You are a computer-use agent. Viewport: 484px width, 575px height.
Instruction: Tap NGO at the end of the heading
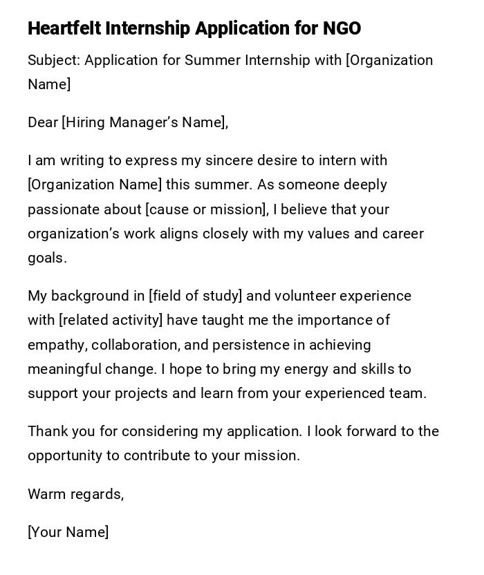click(x=342, y=28)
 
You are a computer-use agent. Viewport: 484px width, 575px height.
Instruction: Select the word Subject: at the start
click(x=54, y=60)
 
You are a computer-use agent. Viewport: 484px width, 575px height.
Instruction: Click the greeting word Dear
click(x=43, y=122)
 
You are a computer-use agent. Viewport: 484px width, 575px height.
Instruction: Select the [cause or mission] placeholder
click(x=206, y=209)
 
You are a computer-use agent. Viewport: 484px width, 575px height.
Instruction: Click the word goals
click(x=47, y=258)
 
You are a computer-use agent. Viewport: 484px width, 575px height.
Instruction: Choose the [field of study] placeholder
click(x=195, y=296)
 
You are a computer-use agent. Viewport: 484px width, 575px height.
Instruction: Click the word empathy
click(x=57, y=345)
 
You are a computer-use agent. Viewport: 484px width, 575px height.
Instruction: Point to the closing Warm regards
click(x=75, y=494)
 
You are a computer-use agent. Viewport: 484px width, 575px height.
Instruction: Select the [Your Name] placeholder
click(x=68, y=532)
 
